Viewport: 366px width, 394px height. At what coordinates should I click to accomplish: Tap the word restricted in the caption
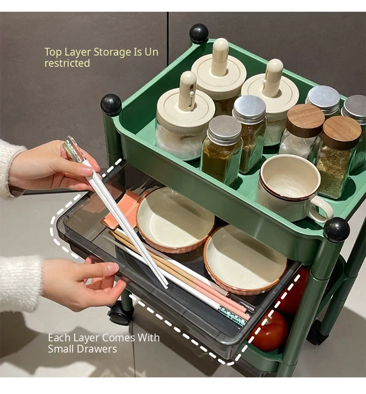point(67,63)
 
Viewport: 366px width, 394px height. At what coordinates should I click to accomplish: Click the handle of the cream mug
point(322,209)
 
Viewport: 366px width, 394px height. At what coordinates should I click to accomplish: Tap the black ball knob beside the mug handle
point(336,230)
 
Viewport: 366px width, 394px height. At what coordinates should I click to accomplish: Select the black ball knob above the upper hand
point(111,104)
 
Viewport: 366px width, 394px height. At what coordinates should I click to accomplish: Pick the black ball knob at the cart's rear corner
point(199,33)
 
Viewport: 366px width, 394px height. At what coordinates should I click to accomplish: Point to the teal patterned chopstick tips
point(232,316)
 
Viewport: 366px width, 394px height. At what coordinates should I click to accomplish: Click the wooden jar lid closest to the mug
point(305,120)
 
